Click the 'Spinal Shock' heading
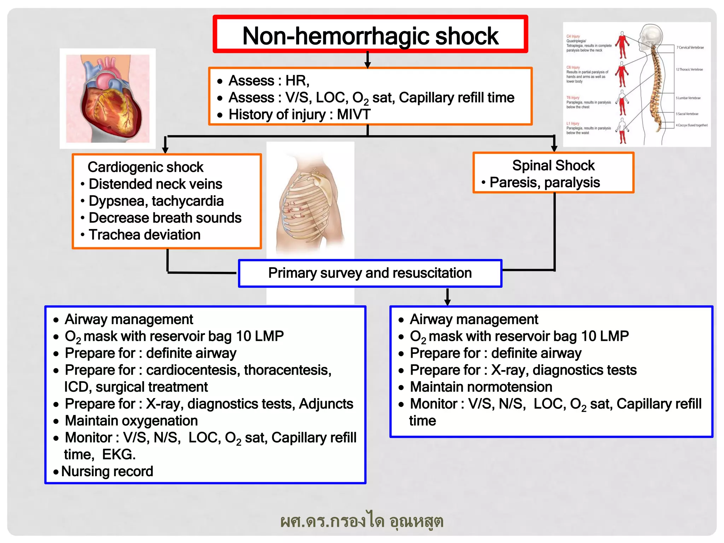(553, 165)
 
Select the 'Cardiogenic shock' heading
(145, 167)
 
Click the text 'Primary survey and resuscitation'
(370, 273)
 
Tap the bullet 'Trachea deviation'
(144, 235)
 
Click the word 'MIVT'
(354, 114)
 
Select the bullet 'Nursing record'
(107, 471)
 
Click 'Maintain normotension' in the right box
(481, 387)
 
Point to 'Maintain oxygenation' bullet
(131, 421)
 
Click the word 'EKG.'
(119, 454)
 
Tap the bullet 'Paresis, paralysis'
(544, 182)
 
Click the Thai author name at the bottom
(362, 521)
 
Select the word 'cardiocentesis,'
(193, 370)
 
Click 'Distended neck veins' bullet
(155, 184)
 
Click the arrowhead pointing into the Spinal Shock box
(554, 148)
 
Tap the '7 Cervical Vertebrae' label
(690, 47)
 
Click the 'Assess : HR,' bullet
(269, 81)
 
